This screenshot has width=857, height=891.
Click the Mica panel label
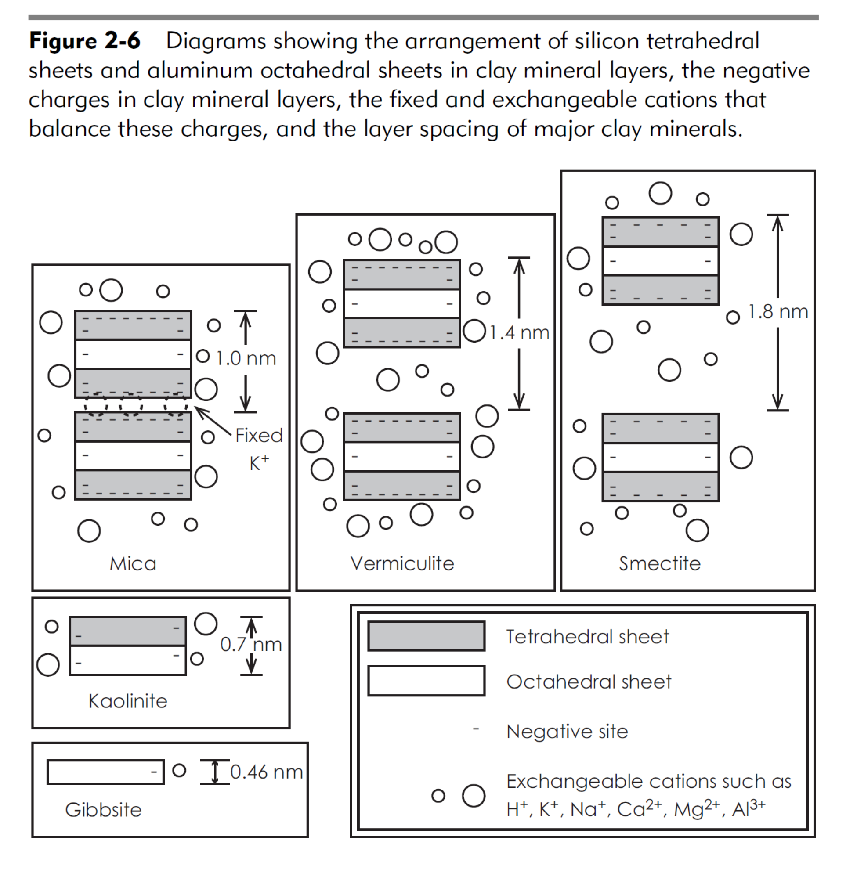pyautogui.click(x=133, y=564)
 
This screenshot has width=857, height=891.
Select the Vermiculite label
pyautogui.click(x=402, y=564)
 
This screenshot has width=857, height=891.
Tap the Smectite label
pyautogui.click(x=659, y=564)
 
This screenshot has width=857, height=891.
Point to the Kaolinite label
pyautogui.click(x=128, y=701)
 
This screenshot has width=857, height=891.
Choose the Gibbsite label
pyautogui.click(x=103, y=810)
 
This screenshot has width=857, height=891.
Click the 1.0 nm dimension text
pyautogui.click(x=246, y=359)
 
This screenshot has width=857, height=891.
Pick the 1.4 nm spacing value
pyautogui.click(x=519, y=333)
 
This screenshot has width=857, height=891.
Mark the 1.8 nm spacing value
pyautogui.click(x=778, y=312)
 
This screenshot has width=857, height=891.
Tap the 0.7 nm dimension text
pyautogui.click(x=251, y=645)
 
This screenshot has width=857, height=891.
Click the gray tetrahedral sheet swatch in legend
pyautogui.click(x=426, y=636)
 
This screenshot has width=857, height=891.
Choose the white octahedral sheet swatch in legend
pyautogui.click(x=426, y=681)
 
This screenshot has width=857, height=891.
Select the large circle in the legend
pyautogui.click(x=473, y=796)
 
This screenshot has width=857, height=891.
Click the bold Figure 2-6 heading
pyautogui.click(x=85, y=41)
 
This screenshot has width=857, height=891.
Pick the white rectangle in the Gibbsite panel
pyautogui.click(x=105, y=772)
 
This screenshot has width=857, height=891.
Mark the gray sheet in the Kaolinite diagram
pyautogui.click(x=128, y=631)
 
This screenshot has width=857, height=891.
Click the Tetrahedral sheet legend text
pyautogui.click(x=587, y=637)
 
